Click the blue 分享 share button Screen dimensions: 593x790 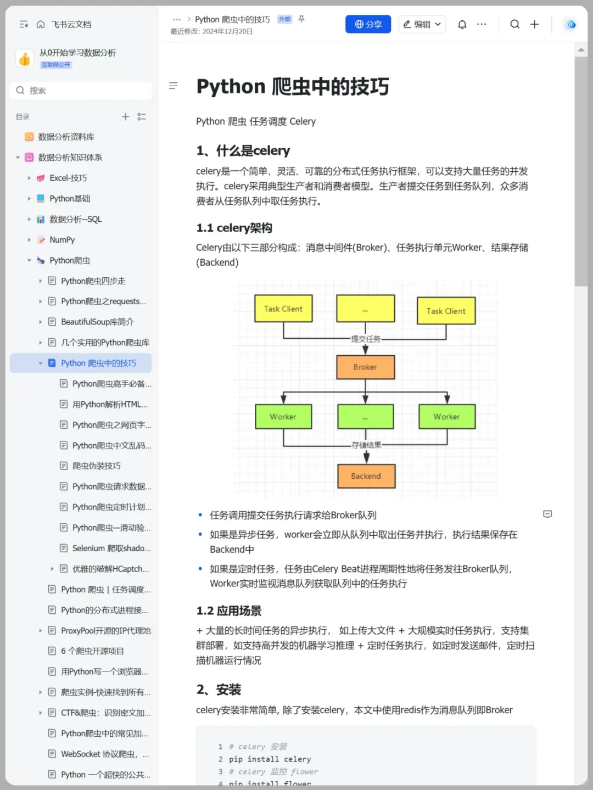(368, 24)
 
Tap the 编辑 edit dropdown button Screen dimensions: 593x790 (422, 24)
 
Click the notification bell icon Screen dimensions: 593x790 (462, 24)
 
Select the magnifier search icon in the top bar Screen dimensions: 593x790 (514, 24)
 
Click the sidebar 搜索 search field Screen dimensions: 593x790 (81, 91)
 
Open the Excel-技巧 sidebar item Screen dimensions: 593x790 (68, 178)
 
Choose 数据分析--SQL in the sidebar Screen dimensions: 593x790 (75, 219)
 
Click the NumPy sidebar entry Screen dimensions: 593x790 (62, 240)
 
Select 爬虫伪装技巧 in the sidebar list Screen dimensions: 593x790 (96, 466)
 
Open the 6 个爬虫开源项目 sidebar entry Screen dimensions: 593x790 (92, 651)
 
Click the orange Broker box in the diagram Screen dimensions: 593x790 (365, 367)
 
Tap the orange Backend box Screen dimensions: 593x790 (366, 476)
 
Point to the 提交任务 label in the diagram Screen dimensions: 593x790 (366, 339)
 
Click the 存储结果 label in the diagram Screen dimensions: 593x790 (366, 445)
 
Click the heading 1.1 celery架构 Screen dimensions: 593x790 (234, 228)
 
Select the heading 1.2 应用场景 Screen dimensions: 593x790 (229, 611)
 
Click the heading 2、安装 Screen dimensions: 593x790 (219, 690)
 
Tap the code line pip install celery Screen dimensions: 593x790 (270, 759)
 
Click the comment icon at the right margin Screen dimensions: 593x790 (547, 514)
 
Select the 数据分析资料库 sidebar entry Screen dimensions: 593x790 (66, 137)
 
